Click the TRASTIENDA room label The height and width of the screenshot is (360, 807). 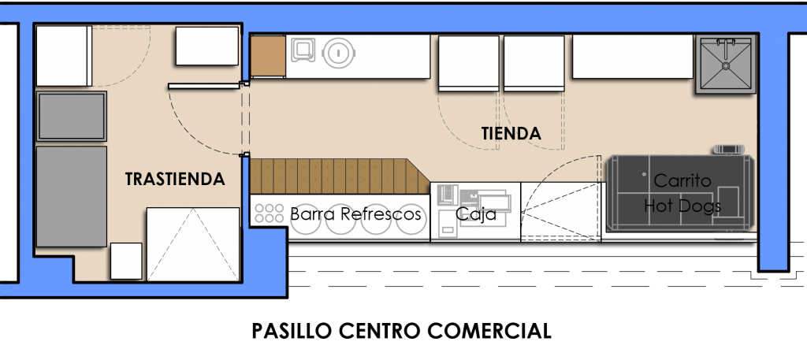(x=175, y=179)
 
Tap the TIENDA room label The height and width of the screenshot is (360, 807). (x=511, y=134)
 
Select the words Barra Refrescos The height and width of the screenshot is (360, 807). (x=355, y=213)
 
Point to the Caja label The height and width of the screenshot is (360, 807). (x=476, y=214)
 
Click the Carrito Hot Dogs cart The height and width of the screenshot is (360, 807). (x=680, y=193)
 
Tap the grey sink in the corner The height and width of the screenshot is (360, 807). (x=726, y=65)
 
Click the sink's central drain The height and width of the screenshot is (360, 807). (x=726, y=66)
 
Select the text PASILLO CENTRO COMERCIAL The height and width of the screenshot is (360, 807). (x=401, y=331)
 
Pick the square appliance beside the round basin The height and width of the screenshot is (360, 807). (x=303, y=50)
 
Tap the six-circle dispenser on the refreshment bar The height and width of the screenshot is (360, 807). (x=270, y=213)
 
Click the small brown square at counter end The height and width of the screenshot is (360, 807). (x=268, y=56)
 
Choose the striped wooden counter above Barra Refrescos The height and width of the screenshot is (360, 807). (x=340, y=176)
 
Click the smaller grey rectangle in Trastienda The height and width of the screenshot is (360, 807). (x=72, y=117)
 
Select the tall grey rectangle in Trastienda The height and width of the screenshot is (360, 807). (x=72, y=196)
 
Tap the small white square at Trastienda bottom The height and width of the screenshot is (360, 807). (x=126, y=261)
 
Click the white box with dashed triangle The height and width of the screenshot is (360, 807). (x=194, y=244)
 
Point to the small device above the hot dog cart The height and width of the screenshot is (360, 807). (x=729, y=149)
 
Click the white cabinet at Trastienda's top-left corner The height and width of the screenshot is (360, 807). (x=64, y=56)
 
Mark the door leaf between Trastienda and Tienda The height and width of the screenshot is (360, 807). (x=205, y=87)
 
